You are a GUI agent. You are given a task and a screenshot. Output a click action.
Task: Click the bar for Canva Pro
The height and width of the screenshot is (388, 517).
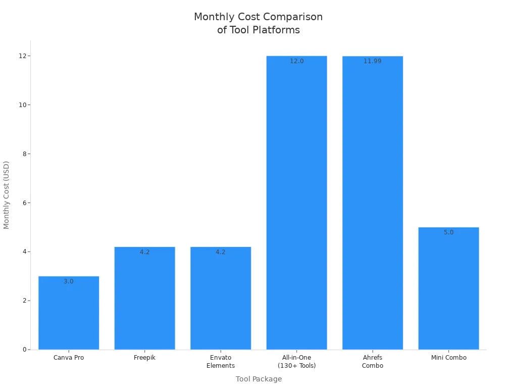[69, 313]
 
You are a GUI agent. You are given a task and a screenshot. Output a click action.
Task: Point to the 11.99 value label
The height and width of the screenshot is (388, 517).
[373, 61]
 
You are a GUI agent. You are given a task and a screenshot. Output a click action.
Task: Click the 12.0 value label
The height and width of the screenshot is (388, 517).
[297, 61]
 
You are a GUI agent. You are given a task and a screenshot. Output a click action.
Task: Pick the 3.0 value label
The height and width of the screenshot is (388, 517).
[69, 281]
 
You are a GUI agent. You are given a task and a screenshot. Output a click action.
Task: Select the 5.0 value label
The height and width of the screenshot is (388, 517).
[448, 232]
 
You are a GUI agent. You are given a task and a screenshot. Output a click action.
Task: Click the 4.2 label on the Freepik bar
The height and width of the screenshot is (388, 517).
[145, 252]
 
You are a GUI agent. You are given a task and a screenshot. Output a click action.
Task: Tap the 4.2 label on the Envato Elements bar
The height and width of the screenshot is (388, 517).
[221, 252]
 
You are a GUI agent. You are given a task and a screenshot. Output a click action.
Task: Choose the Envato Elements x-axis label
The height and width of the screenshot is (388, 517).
[221, 362]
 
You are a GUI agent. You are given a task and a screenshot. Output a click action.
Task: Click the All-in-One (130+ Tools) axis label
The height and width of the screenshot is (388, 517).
[297, 362]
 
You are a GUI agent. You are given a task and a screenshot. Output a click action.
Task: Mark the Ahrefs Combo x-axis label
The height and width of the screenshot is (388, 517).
[373, 362]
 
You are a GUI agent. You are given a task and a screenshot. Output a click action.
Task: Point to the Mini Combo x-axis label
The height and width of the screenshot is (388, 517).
[448, 358]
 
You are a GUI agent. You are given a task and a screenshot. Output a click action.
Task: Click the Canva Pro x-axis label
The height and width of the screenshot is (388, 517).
[69, 358]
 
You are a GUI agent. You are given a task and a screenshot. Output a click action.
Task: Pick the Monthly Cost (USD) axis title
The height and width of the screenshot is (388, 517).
[7, 195]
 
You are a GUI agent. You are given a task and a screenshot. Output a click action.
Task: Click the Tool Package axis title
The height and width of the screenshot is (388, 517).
[258, 379]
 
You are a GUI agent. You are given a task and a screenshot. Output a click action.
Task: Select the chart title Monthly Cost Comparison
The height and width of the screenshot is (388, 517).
[258, 17]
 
